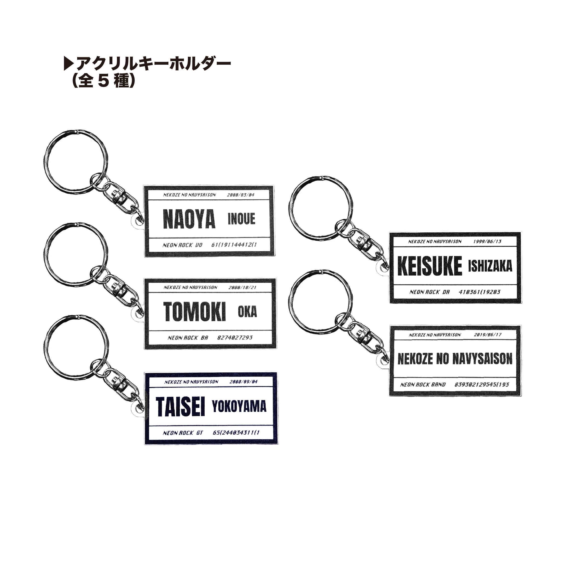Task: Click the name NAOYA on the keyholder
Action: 189,219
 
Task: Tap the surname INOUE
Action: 241,219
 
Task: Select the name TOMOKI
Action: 195,312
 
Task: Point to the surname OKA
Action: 247,312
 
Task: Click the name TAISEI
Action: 180,407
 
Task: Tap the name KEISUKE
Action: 429,266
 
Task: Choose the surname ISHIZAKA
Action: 490,266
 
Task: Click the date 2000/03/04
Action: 241,195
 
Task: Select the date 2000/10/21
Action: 242,287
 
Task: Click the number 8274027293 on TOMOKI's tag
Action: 235,337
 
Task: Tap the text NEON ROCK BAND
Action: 423,385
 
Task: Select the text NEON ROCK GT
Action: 183,433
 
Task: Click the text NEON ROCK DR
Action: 429,292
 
